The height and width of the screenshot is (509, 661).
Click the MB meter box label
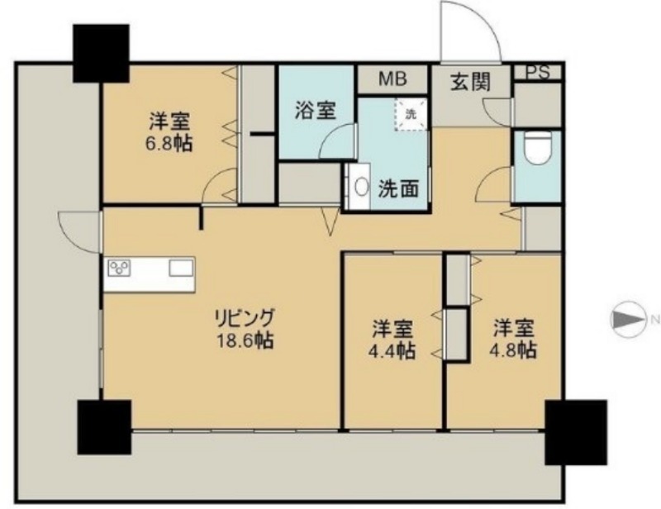click(392, 78)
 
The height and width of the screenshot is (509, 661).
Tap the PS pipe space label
click(538, 73)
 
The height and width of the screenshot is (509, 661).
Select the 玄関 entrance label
click(471, 82)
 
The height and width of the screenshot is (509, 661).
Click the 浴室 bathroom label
click(315, 111)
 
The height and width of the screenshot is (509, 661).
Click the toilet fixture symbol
click(539, 148)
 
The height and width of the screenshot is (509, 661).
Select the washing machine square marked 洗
click(411, 114)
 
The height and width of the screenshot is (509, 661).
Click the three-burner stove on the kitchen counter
click(119, 269)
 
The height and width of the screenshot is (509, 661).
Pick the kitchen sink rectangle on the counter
click(181, 269)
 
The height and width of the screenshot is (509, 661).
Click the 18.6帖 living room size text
click(245, 340)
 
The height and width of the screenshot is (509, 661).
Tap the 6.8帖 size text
click(169, 144)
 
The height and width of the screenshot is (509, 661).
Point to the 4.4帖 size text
click(392, 350)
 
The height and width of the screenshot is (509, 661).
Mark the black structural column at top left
click(101, 53)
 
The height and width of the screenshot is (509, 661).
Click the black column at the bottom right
click(576, 432)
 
